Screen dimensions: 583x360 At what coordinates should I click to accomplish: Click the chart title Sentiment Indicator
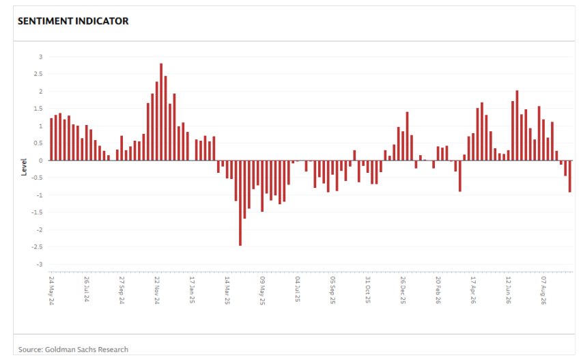coord(73,21)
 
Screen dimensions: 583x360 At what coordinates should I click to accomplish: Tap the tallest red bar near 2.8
coord(161,112)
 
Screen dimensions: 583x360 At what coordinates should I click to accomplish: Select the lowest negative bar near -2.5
coord(240,203)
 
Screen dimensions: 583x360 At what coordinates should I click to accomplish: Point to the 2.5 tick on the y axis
coord(38,74)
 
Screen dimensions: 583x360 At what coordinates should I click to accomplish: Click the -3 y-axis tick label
coord(40,264)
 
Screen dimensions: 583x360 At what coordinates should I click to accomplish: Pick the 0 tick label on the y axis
coord(41,161)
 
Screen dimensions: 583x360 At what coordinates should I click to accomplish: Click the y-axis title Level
coord(24,167)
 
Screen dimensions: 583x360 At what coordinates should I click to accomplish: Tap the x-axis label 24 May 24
coord(51,291)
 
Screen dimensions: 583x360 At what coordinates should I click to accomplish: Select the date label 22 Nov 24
coord(157,290)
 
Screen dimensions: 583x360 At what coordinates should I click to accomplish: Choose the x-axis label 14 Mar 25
coord(227,290)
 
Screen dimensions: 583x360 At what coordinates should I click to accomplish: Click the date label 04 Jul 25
coord(298,289)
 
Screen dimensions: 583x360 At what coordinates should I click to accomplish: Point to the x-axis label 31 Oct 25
coord(368,290)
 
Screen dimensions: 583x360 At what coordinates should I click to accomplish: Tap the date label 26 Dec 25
coord(403,290)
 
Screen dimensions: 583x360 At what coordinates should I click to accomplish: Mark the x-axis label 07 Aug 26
coord(543,290)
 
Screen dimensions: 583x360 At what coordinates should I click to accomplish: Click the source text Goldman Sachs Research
coord(87,350)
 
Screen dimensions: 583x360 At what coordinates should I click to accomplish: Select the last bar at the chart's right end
coord(569,176)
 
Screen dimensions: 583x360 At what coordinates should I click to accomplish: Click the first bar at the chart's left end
coord(51,139)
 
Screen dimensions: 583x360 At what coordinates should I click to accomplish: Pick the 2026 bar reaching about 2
coord(517,126)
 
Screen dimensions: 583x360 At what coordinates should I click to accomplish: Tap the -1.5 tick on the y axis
coord(38,212)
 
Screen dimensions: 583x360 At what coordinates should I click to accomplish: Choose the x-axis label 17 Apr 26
coord(473,290)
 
